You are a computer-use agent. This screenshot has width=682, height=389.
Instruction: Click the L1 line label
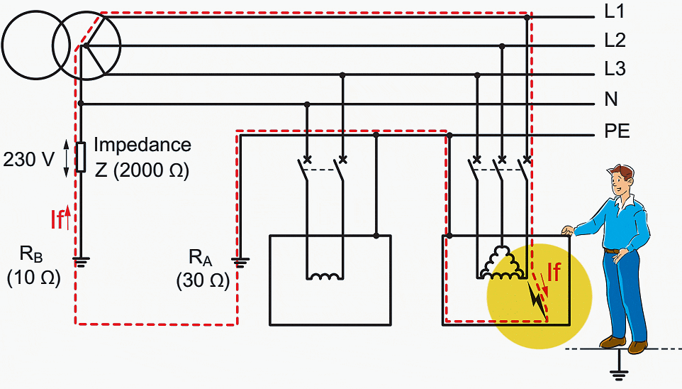pyautogui.click(x=615, y=11)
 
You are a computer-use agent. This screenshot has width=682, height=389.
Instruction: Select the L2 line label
pyautogui.click(x=615, y=40)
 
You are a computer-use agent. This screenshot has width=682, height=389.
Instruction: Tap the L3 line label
pyautogui.click(x=615, y=69)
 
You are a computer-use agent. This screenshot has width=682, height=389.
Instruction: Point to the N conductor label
pyautogui.click(x=611, y=99)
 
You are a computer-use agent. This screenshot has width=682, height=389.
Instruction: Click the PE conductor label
pyautogui.click(x=617, y=131)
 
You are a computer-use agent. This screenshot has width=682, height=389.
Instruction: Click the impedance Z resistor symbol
pyautogui.click(x=81, y=157)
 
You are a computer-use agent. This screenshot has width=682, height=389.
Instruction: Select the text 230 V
pyautogui.click(x=28, y=160)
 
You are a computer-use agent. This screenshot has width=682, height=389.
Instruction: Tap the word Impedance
pyautogui.click(x=142, y=145)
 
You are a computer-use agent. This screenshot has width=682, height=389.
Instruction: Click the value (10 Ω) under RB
pyautogui.click(x=33, y=277)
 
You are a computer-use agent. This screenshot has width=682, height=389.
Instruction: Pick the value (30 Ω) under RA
pyautogui.click(x=203, y=280)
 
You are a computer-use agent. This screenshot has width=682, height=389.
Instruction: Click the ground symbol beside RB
pyautogui.click(x=81, y=261)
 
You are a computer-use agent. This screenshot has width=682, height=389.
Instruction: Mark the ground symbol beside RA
pyautogui.click(x=240, y=262)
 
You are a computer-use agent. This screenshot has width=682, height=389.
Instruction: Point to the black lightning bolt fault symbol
pyautogui.click(x=537, y=300)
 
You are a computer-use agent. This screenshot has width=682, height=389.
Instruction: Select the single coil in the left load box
pyautogui.click(x=325, y=276)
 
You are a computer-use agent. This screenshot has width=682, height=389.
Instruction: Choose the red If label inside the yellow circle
pyautogui.click(x=554, y=273)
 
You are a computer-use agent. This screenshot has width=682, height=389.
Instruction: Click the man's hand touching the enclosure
pyautogui.click(x=568, y=231)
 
